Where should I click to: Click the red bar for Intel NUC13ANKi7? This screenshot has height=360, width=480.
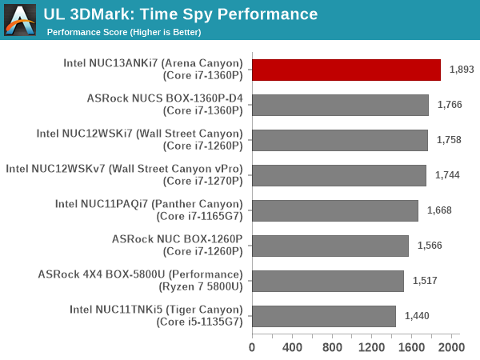346,70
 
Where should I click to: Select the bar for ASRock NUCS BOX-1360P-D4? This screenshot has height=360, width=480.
340,105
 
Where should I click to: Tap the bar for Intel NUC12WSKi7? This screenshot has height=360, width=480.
339,140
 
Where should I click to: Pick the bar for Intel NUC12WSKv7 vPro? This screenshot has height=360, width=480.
338,175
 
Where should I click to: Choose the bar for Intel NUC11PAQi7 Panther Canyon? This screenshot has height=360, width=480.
335,210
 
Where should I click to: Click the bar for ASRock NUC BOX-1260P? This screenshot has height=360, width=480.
330,246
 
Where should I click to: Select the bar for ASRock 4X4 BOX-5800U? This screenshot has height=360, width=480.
328,281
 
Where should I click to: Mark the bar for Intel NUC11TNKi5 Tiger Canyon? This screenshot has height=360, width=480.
324,316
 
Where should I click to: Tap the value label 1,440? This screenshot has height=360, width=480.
417,316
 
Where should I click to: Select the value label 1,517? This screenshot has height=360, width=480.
425,281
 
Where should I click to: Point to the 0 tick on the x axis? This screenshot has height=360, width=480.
252,348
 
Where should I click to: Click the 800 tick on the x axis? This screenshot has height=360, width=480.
331,348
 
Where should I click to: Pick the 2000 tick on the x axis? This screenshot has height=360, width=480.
450,348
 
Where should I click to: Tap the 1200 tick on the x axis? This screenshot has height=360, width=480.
371,348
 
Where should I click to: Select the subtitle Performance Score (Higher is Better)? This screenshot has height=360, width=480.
124,33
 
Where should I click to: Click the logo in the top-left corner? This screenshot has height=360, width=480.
20,20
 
